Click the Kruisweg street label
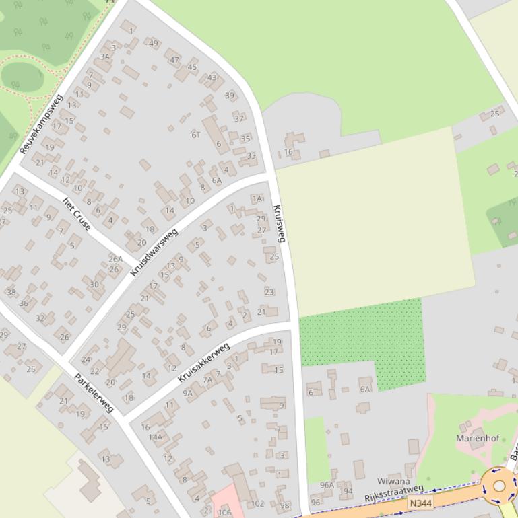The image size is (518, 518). [x=280, y=223]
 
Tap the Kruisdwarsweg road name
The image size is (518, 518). [x=154, y=252]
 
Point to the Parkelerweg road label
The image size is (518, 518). [x=94, y=393]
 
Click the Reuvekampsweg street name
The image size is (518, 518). [x=41, y=124]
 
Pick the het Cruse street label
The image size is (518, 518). [x=77, y=214]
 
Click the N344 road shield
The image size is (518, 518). [x=420, y=503]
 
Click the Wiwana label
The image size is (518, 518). [x=393, y=482]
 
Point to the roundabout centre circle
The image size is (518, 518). [x=499, y=486]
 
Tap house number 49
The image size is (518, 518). [x=154, y=44]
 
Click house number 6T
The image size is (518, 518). [x=196, y=135]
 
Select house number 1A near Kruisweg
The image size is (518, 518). [x=257, y=198]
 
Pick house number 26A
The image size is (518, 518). [x=115, y=259]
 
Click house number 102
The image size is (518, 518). [x=257, y=503]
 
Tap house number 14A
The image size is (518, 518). [x=156, y=437]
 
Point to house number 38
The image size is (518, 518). [x=11, y=292]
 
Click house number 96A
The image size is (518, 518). [x=327, y=485]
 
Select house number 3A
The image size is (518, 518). [x=104, y=57]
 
